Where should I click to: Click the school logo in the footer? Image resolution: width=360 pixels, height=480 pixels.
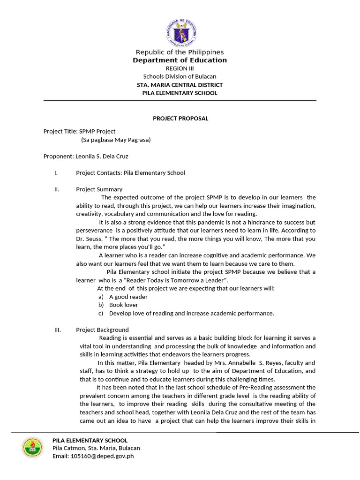coord(32,447)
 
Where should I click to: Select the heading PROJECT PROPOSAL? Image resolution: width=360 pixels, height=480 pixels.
coord(180,119)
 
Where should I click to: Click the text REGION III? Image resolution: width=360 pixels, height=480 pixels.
coord(180,68)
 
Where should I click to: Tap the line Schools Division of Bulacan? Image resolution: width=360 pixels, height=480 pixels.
coord(180,76)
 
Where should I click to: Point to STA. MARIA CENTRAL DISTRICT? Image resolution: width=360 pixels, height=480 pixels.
coord(180,85)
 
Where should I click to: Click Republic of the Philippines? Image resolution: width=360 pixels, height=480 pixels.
coord(180,52)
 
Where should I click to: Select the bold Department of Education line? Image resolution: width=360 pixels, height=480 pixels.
coord(180,60)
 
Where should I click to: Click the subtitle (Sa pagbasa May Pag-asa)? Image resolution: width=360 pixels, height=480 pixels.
coord(116,140)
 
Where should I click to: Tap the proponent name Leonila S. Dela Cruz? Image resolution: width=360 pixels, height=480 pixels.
coord(102,156)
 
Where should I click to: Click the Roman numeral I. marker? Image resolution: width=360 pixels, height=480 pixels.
coord(56,172)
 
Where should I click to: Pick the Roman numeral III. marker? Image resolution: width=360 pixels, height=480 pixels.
coord(58,330)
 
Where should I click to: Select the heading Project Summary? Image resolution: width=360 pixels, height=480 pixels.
coord(99,189)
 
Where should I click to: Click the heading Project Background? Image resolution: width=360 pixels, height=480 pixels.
coord(102,330)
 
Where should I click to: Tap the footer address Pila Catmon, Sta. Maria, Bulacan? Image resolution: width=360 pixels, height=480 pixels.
coord(96,448)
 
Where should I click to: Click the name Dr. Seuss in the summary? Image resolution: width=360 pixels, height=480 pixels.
coord(85,239)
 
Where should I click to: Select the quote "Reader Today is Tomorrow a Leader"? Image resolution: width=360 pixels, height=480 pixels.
coord(176,280)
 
